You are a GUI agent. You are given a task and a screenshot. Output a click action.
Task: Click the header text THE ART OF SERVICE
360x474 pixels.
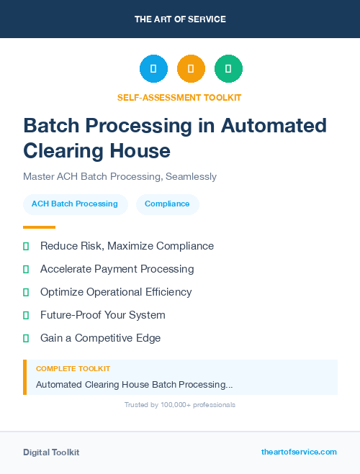point(180,19)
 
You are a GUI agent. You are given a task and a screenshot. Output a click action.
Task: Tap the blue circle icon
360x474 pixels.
point(153,69)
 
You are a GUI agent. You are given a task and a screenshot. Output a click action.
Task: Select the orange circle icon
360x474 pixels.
point(191,69)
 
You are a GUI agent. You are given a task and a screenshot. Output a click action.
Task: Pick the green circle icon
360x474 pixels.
point(228,69)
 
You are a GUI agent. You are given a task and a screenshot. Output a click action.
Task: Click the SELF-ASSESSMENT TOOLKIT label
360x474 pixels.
point(180,97)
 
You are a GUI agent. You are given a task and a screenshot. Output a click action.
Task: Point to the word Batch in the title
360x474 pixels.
point(51,125)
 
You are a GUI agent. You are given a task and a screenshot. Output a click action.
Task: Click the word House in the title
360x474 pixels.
point(140,150)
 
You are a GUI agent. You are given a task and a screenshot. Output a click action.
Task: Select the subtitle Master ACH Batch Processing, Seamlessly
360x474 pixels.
point(120,176)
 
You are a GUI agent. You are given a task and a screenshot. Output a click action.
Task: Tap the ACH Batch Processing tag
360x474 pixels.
point(75,204)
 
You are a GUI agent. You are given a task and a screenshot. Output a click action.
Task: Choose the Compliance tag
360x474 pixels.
point(167,204)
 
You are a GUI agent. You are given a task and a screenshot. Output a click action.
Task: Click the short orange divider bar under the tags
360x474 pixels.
point(39,227)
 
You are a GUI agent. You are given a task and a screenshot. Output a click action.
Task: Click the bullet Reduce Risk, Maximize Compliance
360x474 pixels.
point(127,246)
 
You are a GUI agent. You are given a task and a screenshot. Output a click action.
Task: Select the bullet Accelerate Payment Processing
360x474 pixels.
point(117,269)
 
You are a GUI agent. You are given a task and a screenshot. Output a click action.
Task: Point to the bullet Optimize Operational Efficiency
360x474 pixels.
point(116,292)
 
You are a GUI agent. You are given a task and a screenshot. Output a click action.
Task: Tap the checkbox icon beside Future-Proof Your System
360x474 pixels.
point(26,315)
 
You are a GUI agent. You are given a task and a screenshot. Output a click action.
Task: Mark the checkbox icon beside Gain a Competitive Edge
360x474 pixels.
point(26,338)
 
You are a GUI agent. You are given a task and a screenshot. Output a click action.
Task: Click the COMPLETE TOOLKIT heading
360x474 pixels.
point(73,369)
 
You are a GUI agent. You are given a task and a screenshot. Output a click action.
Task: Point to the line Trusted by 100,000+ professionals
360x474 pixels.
point(180,405)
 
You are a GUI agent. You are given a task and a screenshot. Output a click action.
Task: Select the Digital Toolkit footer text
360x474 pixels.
point(51,452)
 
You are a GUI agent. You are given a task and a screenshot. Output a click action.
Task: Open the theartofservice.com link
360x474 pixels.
point(299,452)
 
